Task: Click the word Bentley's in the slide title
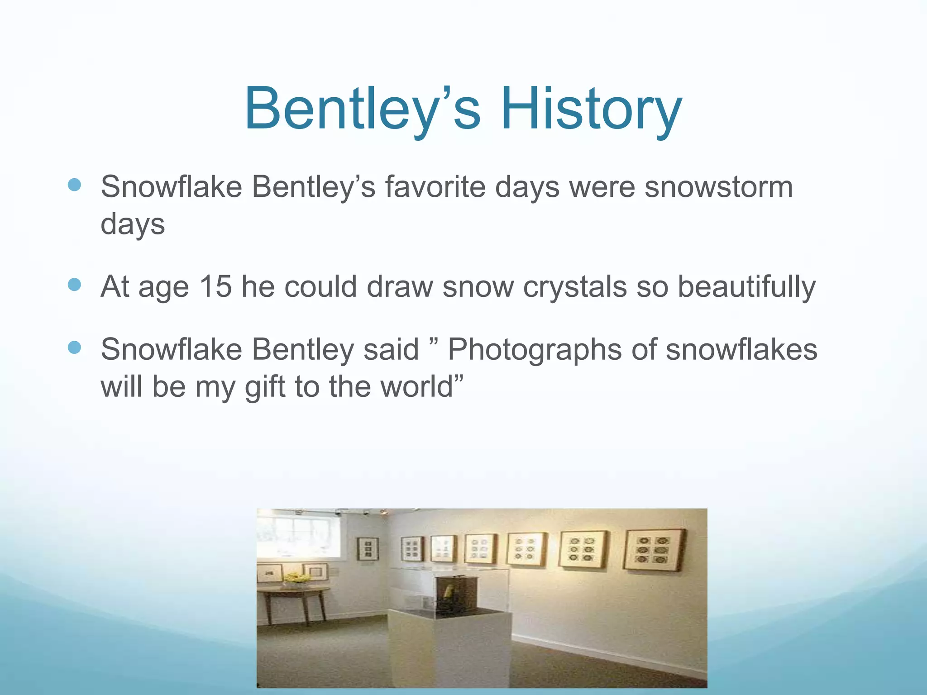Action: tap(362, 109)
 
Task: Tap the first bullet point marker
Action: tap(74, 185)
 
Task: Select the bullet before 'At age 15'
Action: tap(74, 285)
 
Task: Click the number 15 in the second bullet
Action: tap(215, 286)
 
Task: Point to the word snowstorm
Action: tap(718, 186)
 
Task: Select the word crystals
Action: tap(574, 287)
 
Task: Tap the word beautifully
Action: tap(746, 287)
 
